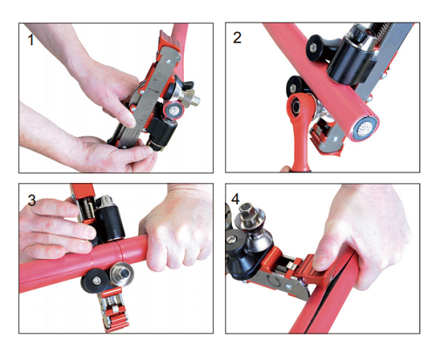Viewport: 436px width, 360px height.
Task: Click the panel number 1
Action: coord(31,40)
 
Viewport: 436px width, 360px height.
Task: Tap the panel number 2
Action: coord(237,37)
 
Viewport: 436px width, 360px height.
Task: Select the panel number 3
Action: coord(31,200)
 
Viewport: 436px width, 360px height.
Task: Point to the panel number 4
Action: coord(235,199)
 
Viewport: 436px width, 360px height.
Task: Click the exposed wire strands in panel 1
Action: coord(174,110)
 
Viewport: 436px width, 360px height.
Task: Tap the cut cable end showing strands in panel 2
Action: coord(364,127)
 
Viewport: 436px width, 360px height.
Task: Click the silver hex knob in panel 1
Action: coord(192,98)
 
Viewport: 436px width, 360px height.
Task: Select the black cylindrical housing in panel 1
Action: coord(161,132)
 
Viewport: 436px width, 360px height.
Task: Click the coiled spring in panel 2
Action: coord(381,29)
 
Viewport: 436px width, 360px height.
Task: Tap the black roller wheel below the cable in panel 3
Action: coord(95,281)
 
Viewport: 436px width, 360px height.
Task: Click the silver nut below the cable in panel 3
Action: coord(121,273)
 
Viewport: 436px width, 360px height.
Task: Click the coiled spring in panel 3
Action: coord(86,209)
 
